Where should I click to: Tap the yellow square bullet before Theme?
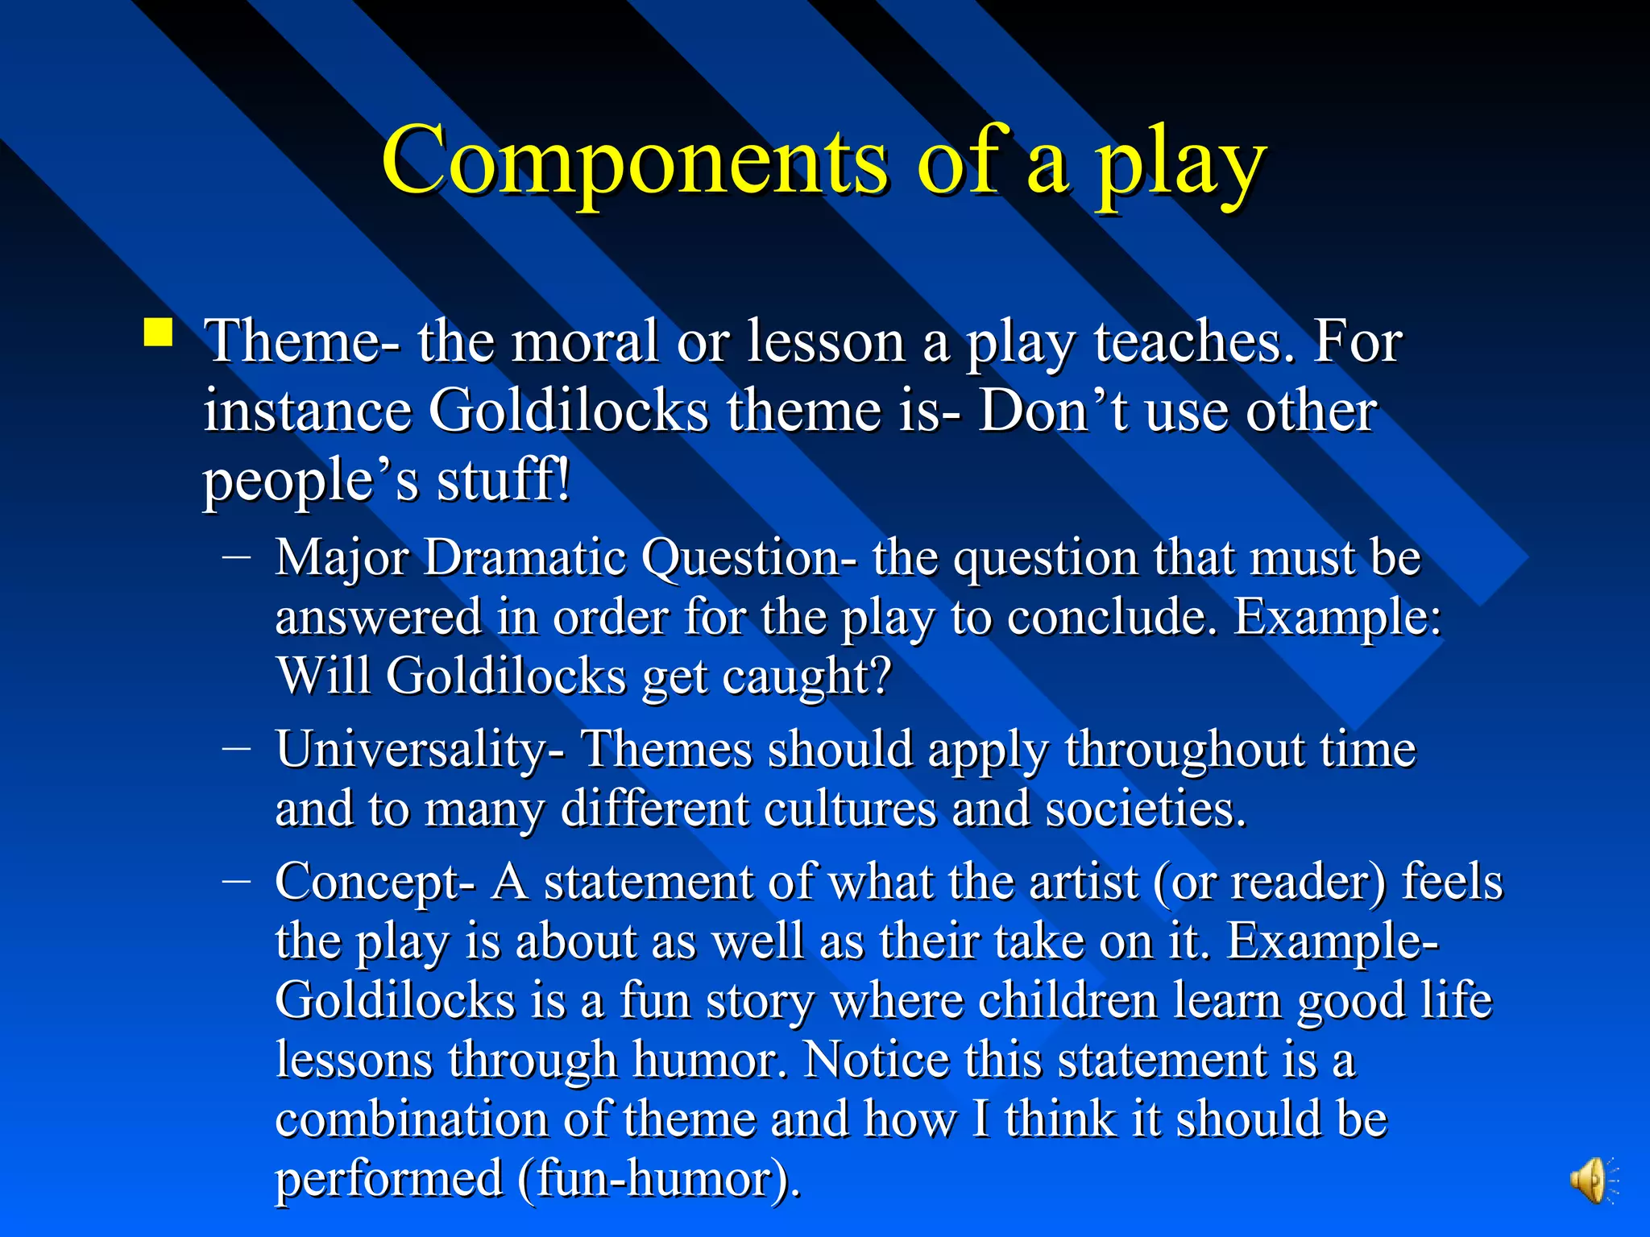click(159, 332)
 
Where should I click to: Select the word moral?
click(584, 341)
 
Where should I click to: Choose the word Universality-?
click(420, 750)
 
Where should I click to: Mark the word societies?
click(1145, 809)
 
